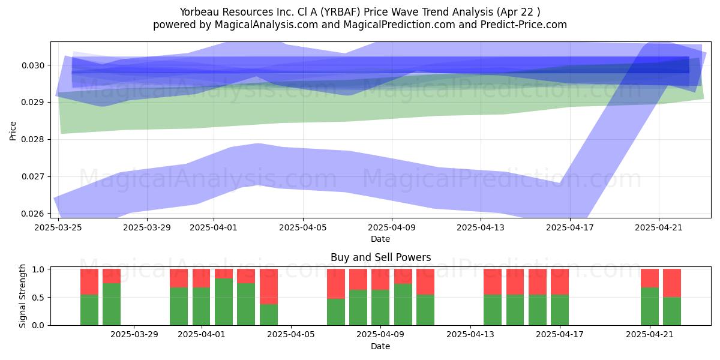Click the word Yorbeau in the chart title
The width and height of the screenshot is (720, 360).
199,12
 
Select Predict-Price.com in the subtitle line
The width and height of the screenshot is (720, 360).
524,25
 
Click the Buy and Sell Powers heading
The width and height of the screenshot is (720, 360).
380,257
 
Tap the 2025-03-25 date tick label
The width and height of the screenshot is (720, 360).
58,227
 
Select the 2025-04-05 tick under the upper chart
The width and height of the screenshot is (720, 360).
303,227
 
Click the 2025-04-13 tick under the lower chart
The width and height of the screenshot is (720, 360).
470,335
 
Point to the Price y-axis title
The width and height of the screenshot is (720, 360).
13,131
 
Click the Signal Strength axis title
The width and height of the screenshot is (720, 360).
22,296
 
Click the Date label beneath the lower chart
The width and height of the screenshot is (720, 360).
380,346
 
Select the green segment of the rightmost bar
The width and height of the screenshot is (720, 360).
672,311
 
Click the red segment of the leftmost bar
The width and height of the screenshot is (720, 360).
89,282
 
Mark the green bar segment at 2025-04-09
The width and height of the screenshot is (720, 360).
380,308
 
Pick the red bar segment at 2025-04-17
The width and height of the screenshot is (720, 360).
560,282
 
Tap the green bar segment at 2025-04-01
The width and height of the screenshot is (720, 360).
201,307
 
